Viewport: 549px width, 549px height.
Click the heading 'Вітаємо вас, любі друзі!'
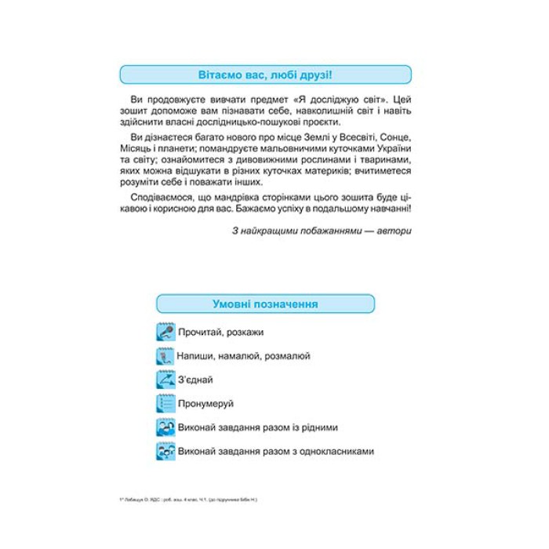264,75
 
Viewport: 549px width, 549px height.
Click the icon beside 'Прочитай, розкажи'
165,332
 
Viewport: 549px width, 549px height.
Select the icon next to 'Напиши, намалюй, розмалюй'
165,356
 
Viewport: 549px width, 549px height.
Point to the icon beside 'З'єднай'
165,380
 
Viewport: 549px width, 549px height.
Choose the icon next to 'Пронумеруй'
165,404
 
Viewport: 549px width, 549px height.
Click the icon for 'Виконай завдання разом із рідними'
165,427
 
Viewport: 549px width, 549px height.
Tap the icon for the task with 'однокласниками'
165,452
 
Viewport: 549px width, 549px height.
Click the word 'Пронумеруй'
206,404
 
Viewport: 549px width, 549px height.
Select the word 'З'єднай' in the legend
196,380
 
